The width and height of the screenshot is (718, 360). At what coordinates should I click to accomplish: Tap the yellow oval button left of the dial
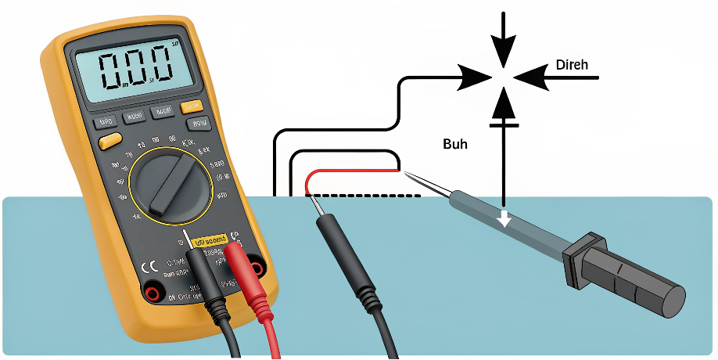[x=110, y=141]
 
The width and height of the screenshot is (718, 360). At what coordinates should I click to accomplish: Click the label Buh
[x=455, y=144]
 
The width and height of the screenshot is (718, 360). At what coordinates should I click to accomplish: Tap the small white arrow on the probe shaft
[x=505, y=219]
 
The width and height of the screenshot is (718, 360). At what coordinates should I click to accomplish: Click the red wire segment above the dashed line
[x=352, y=171]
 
